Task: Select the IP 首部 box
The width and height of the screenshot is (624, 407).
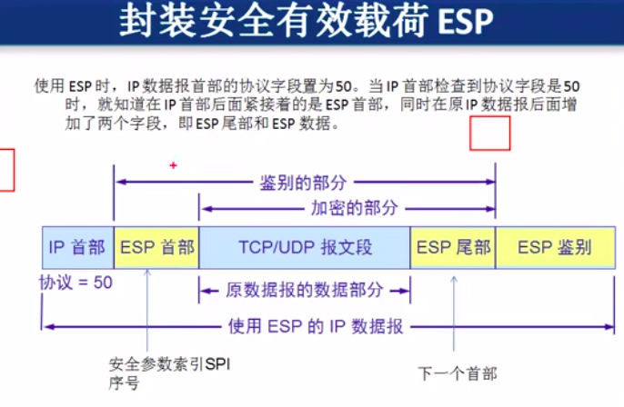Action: pos(77,247)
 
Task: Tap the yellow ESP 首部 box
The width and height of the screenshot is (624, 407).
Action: pos(156,247)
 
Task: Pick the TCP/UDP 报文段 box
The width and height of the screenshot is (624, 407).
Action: pos(305,247)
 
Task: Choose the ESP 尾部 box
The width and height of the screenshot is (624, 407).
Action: pos(453,247)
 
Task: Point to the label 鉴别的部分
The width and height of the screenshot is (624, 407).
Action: pos(304,183)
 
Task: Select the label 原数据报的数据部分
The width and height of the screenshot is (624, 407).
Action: pos(304,291)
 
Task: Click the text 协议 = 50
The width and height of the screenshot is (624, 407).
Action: pos(75,283)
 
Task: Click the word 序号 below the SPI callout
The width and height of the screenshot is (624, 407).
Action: pos(124,382)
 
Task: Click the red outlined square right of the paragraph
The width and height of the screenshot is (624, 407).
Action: pos(489,134)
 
